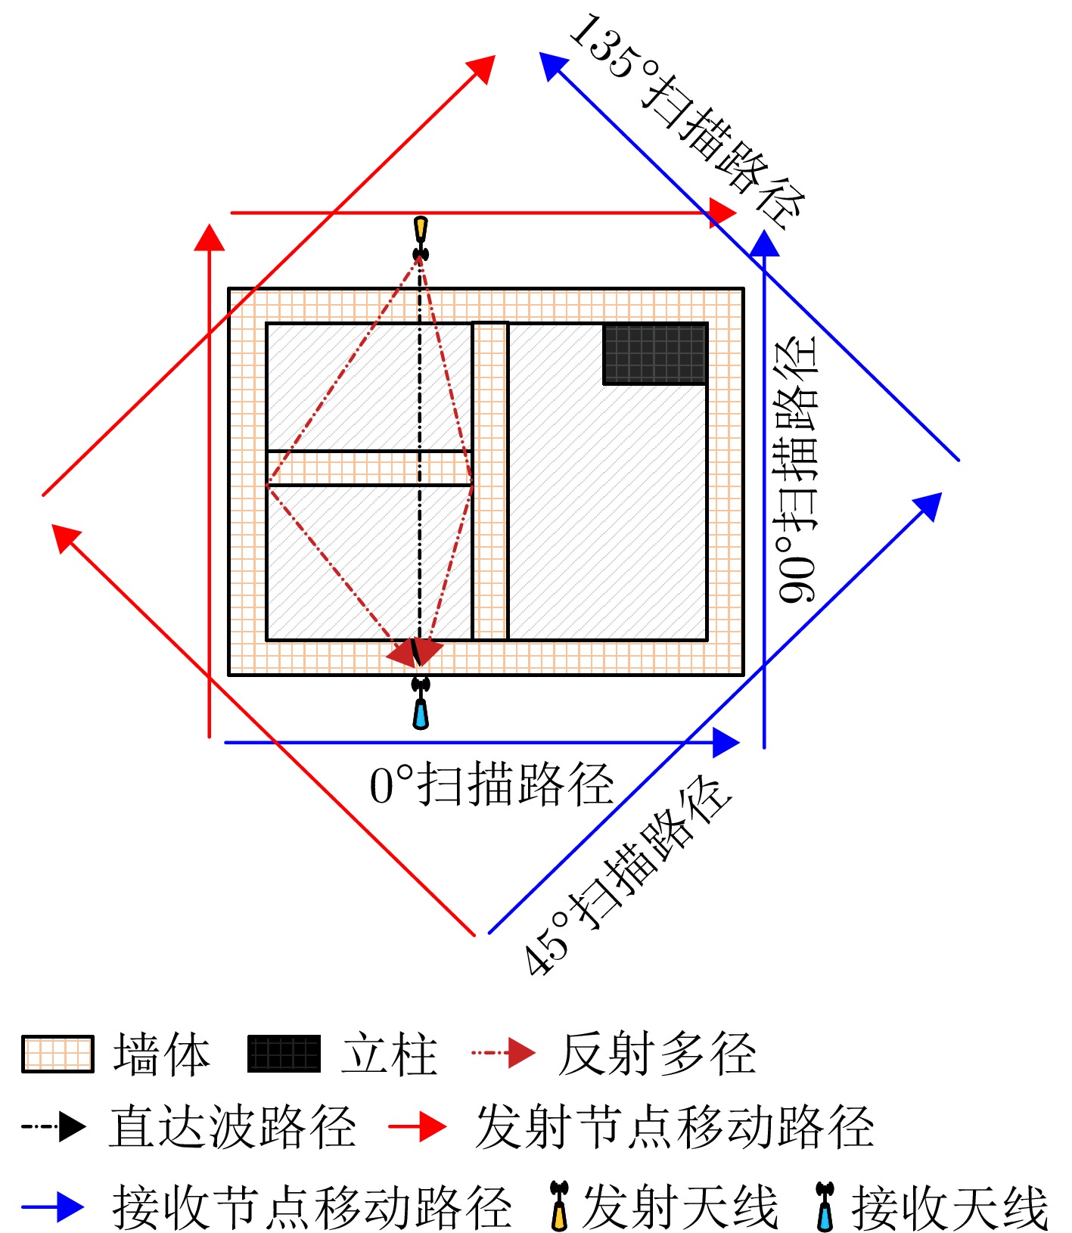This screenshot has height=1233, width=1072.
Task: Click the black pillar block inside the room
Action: point(655,354)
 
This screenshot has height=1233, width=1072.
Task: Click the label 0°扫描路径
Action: point(491,784)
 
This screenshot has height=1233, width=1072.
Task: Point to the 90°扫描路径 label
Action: point(797,469)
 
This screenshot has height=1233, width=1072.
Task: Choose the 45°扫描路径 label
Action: point(627,875)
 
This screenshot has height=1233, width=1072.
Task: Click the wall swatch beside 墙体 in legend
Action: point(58,1054)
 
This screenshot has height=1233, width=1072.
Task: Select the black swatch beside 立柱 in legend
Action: point(284,1054)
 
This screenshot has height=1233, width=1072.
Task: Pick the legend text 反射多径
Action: point(657,1053)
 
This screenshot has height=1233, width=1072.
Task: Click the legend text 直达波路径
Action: point(232,1126)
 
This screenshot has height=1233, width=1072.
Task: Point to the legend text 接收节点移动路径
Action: point(312,1207)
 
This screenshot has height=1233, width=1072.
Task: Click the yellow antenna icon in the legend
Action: point(559,1206)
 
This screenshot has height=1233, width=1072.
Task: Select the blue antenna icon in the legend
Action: point(825,1206)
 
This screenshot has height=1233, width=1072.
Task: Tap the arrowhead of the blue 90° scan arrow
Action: point(764,243)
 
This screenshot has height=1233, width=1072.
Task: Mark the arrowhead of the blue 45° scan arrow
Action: point(928,507)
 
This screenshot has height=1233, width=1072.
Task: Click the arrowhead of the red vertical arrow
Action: point(210,237)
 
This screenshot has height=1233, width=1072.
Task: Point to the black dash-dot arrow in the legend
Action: point(54,1126)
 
